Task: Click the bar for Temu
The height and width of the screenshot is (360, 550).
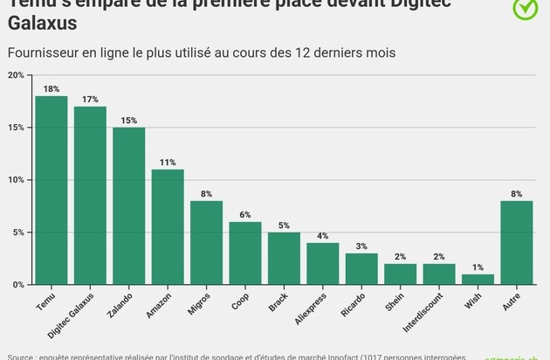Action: click(x=52, y=190)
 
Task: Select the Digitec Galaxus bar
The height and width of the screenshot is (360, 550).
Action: click(x=90, y=196)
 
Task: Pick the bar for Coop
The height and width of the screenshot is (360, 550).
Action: click(x=245, y=253)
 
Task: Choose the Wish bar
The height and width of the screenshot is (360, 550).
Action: click(x=478, y=280)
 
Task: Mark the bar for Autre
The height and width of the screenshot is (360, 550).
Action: click(x=517, y=243)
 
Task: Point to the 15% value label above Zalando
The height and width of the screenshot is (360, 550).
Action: click(x=129, y=121)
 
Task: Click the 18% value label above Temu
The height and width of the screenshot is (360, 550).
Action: click(x=52, y=89)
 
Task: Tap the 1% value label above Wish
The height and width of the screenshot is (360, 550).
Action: click(x=478, y=267)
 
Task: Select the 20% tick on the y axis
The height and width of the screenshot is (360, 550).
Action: click(x=17, y=75)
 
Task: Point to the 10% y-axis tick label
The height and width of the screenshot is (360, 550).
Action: click(x=17, y=180)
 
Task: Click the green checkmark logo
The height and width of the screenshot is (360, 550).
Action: click(x=526, y=8)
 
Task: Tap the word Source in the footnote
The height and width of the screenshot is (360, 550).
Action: click(x=21, y=357)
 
